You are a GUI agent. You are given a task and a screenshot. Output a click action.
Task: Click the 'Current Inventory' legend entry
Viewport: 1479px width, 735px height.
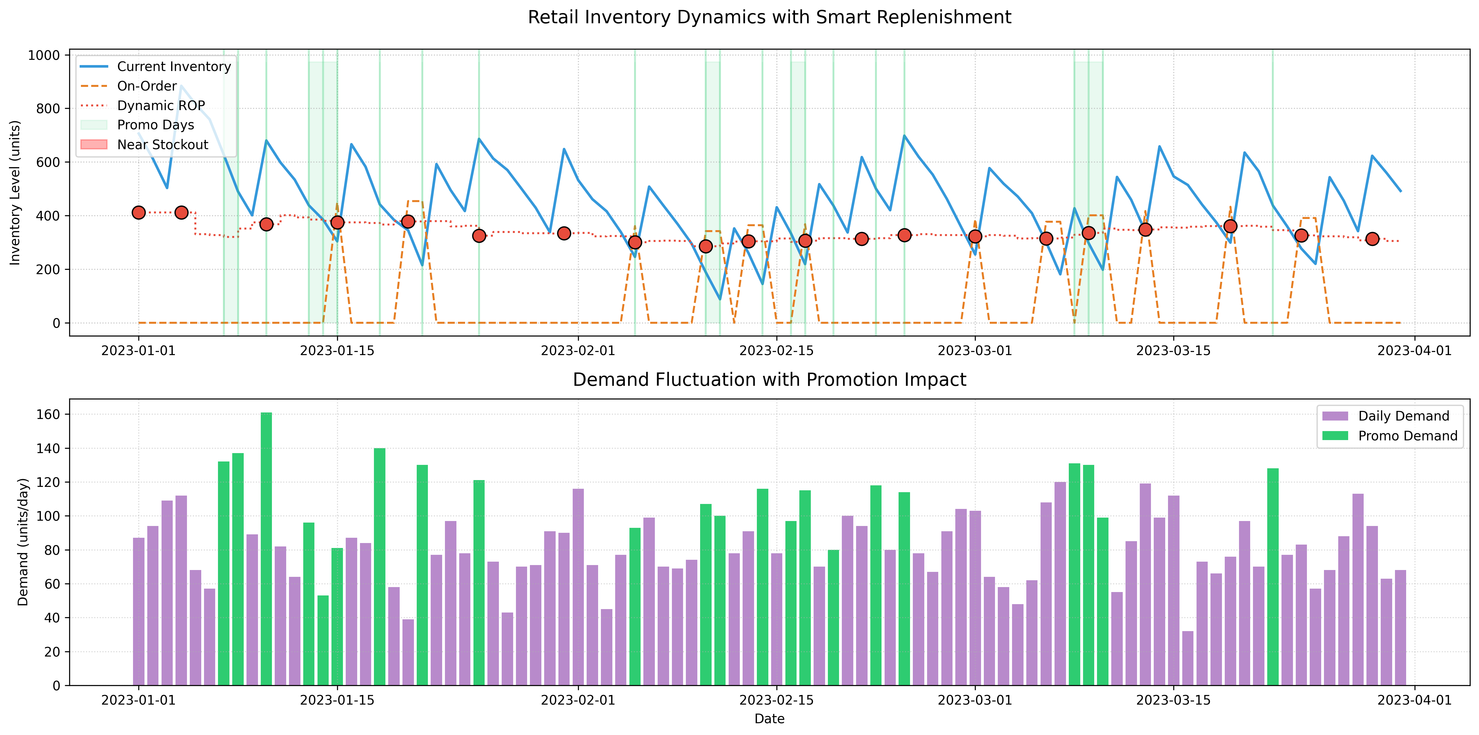(173, 67)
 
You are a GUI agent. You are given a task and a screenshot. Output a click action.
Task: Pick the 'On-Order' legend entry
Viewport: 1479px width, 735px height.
(147, 86)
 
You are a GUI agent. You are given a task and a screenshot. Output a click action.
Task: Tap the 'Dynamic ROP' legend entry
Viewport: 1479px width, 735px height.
(161, 106)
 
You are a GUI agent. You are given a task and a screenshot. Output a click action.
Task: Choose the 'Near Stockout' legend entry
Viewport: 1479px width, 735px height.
(162, 145)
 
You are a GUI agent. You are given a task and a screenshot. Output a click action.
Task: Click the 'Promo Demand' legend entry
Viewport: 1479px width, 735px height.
(1407, 436)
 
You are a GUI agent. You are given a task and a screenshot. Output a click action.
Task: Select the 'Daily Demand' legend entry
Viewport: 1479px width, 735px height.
(1403, 416)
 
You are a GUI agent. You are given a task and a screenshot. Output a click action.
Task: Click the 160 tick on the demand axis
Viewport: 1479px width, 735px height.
(48, 415)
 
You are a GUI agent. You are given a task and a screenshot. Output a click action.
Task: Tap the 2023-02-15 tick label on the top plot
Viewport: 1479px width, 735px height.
(776, 350)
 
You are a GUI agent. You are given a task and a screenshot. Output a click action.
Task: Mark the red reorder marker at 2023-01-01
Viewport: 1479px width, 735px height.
(138, 212)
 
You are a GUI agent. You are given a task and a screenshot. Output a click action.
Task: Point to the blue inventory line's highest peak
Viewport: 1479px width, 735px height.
(181, 86)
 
